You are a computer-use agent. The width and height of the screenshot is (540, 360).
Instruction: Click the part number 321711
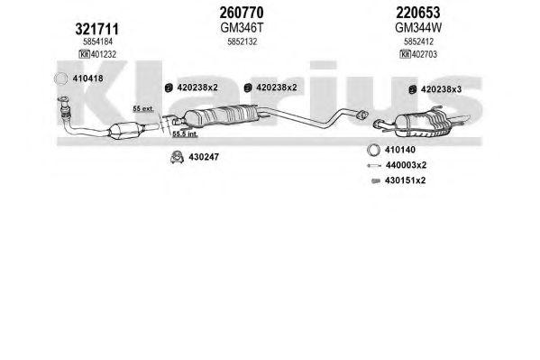click(x=96, y=29)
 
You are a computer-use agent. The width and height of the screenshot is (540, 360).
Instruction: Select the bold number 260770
click(x=242, y=13)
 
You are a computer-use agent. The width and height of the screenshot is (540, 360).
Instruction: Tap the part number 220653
click(x=417, y=13)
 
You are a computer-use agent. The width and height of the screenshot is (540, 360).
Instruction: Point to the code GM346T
click(x=242, y=28)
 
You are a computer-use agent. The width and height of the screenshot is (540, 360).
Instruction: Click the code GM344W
click(x=418, y=28)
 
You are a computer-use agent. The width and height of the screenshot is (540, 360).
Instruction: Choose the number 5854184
click(x=97, y=42)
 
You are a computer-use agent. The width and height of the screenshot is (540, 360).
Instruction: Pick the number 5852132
click(x=243, y=42)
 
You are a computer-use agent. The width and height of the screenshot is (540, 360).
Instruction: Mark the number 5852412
click(x=418, y=42)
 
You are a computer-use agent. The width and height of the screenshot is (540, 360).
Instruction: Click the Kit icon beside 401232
click(x=84, y=54)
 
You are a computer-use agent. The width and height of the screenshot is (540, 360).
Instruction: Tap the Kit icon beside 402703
click(x=405, y=54)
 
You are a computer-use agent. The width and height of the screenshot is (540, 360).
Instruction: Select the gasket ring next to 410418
click(x=60, y=79)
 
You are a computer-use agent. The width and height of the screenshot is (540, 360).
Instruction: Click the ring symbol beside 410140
click(x=373, y=150)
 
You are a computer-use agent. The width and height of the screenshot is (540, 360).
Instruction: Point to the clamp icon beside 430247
click(x=177, y=157)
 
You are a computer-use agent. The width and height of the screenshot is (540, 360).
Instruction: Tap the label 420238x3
click(x=441, y=89)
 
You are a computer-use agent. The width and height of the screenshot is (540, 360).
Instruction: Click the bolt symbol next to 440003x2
click(x=373, y=165)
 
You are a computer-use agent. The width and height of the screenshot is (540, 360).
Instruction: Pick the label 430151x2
click(x=405, y=180)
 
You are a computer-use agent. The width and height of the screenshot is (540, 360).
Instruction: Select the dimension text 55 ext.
click(x=143, y=109)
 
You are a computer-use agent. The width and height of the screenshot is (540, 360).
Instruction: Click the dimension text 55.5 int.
click(x=185, y=134)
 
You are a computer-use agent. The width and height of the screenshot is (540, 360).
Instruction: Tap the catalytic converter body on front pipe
click(x=126, y=130)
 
